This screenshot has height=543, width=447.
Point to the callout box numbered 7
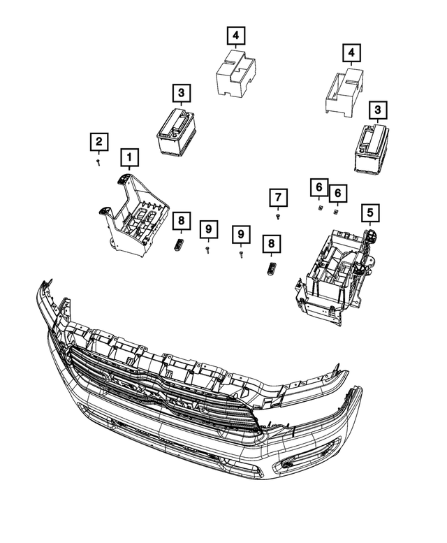click(278, 198)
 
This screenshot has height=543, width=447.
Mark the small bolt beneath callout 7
click(278, 217)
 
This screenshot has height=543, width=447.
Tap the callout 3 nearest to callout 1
click(180, 93)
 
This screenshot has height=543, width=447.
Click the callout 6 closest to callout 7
click(318, 187)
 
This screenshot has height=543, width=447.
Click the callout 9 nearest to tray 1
click(207, 229)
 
